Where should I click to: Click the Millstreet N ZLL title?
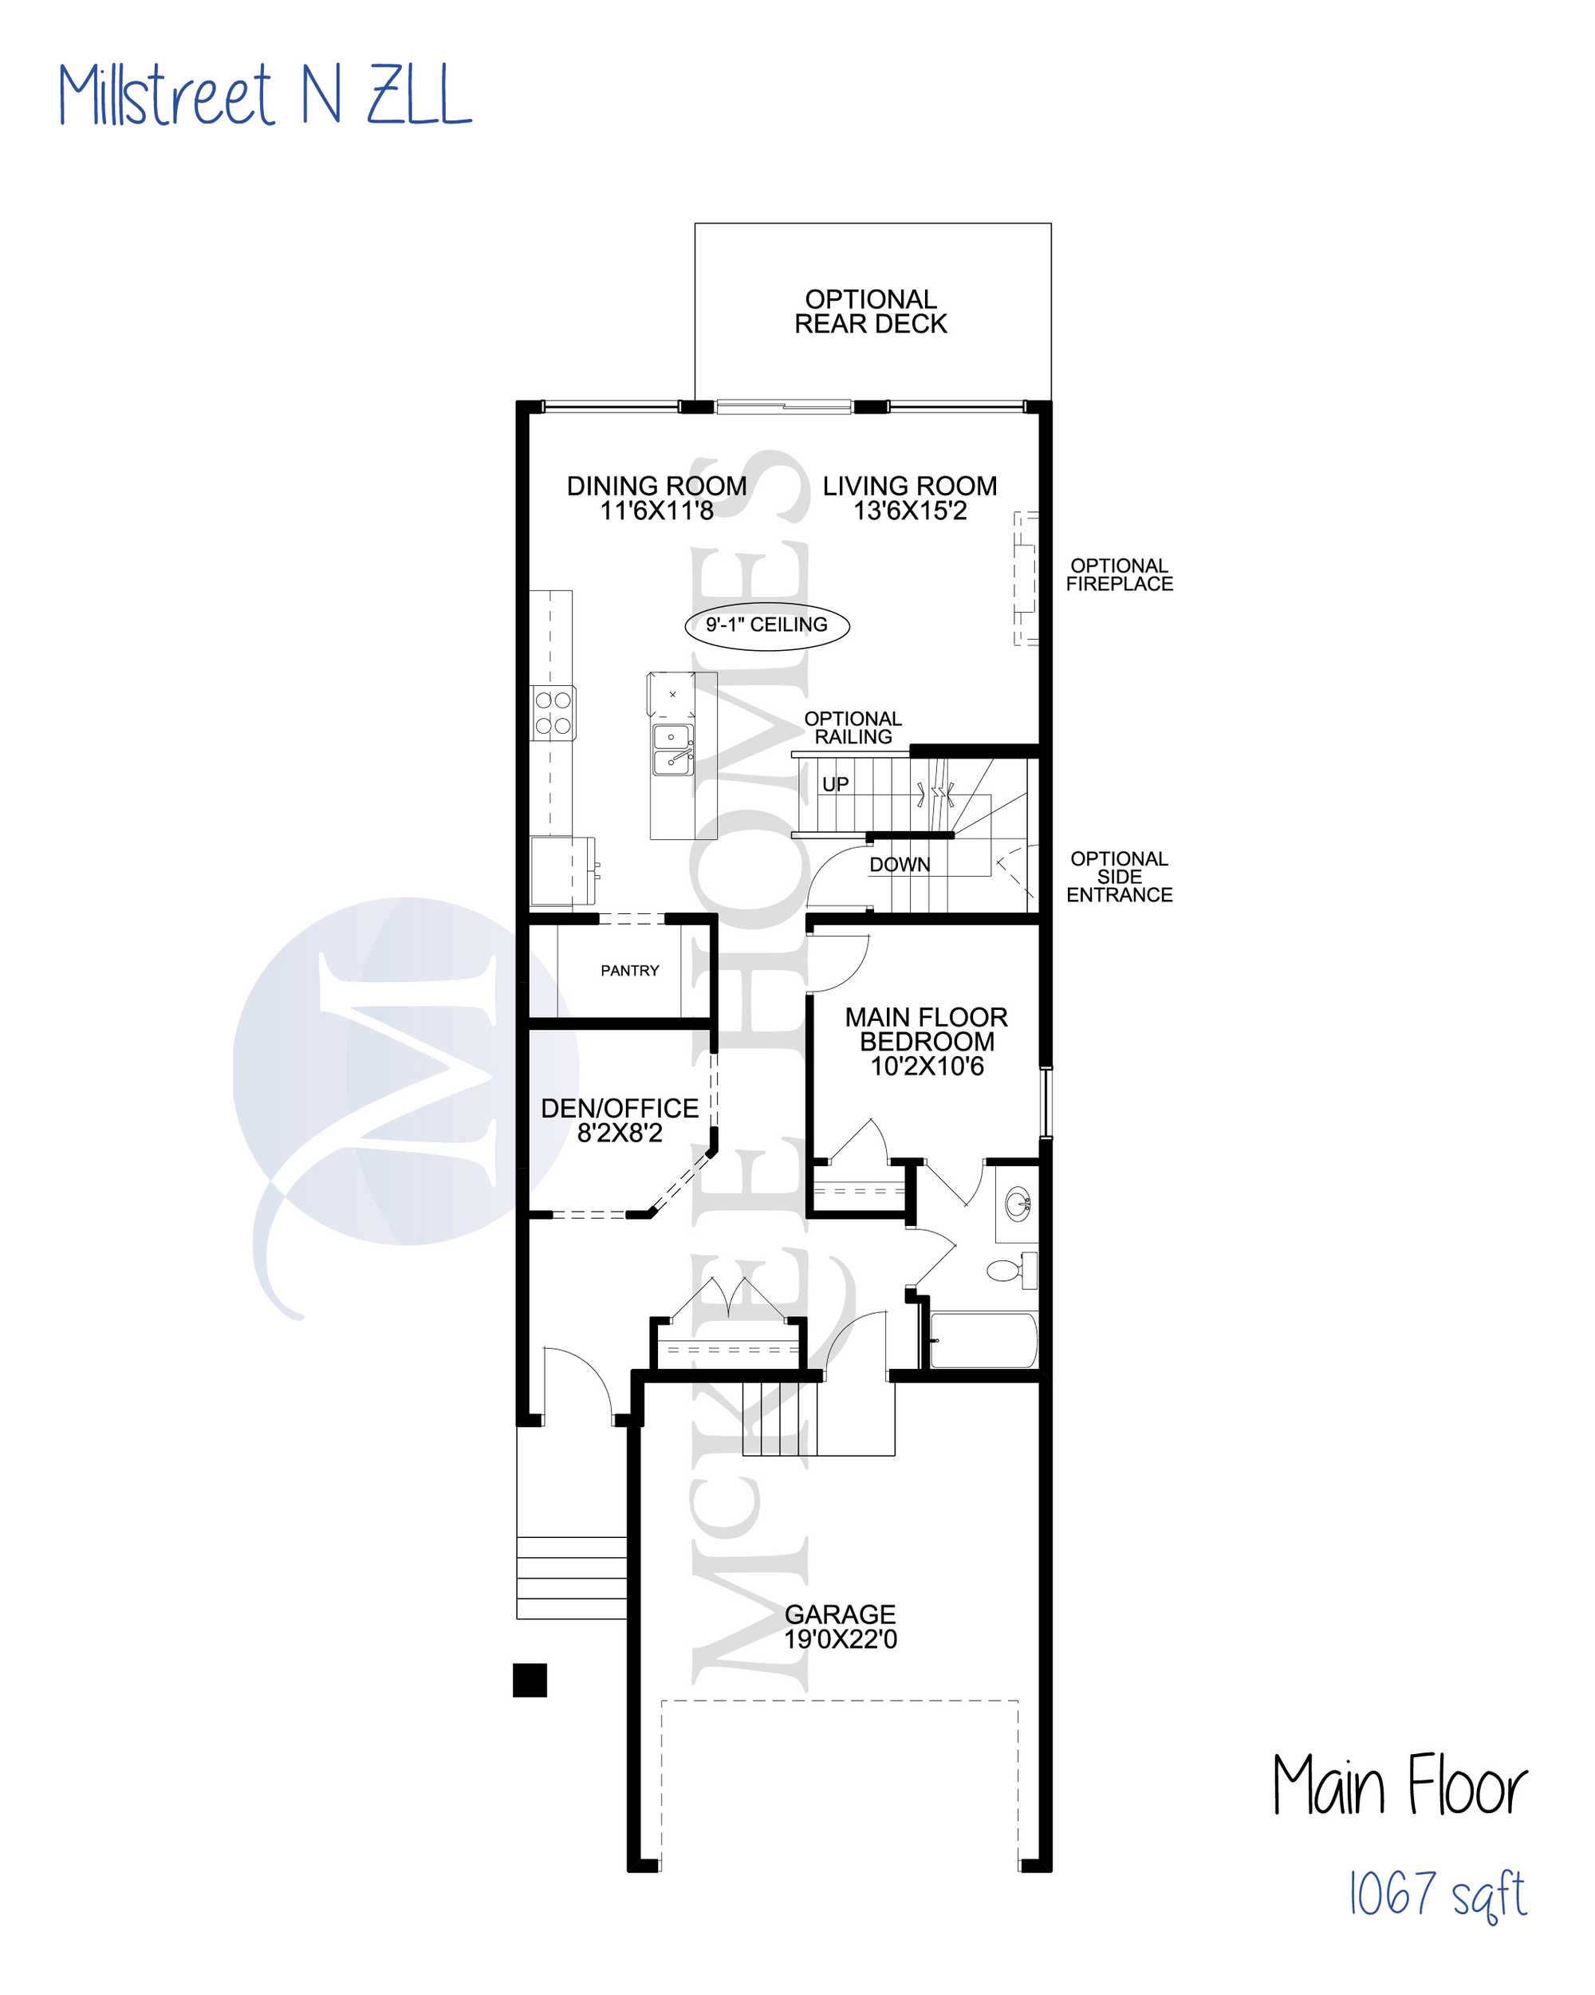coord(266,94)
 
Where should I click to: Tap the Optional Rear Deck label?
coord(871,312)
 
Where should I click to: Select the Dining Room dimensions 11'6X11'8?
coord(656,511)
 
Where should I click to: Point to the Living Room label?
coord(909,486)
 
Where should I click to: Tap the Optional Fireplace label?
coord(1119,574)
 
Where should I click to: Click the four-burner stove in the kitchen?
coord(553,712)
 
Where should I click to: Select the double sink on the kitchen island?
coord(672,748)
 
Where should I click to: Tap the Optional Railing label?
coord(853,727)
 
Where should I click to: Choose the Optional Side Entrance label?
coord(1120,877)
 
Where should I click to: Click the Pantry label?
coord(629,971)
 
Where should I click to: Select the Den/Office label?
coord(619,1108)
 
